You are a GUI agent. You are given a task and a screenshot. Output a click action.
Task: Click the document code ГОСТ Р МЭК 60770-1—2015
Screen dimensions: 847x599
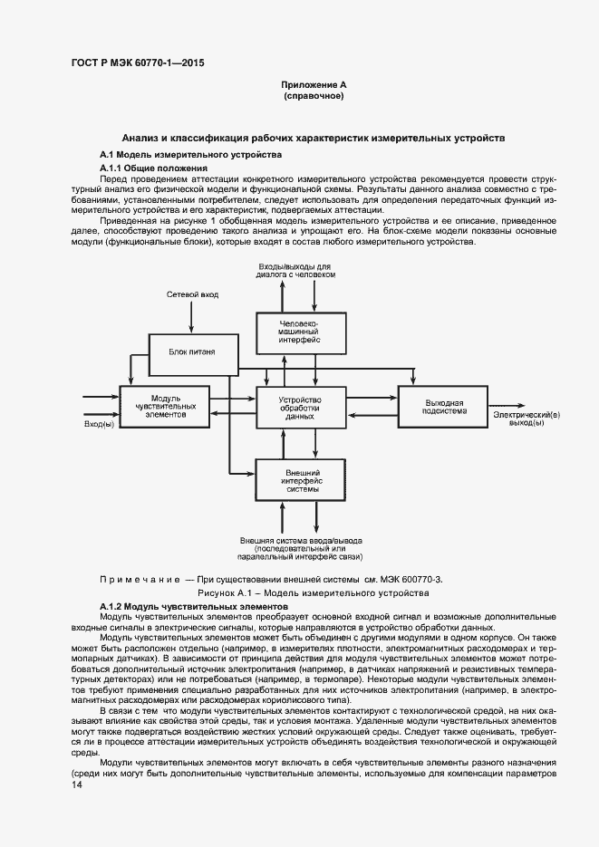pos(137,63)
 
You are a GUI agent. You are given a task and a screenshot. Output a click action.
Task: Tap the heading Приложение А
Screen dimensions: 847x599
pos(314,84)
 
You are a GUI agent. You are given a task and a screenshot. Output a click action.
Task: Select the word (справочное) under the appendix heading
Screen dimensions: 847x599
pos(314,95)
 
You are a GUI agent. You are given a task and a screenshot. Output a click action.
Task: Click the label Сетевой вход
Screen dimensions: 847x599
pos(192,295)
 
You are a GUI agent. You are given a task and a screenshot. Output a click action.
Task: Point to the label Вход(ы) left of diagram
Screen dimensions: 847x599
pos(100,424)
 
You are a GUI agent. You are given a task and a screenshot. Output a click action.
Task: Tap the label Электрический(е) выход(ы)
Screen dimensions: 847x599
pos(527,419)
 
